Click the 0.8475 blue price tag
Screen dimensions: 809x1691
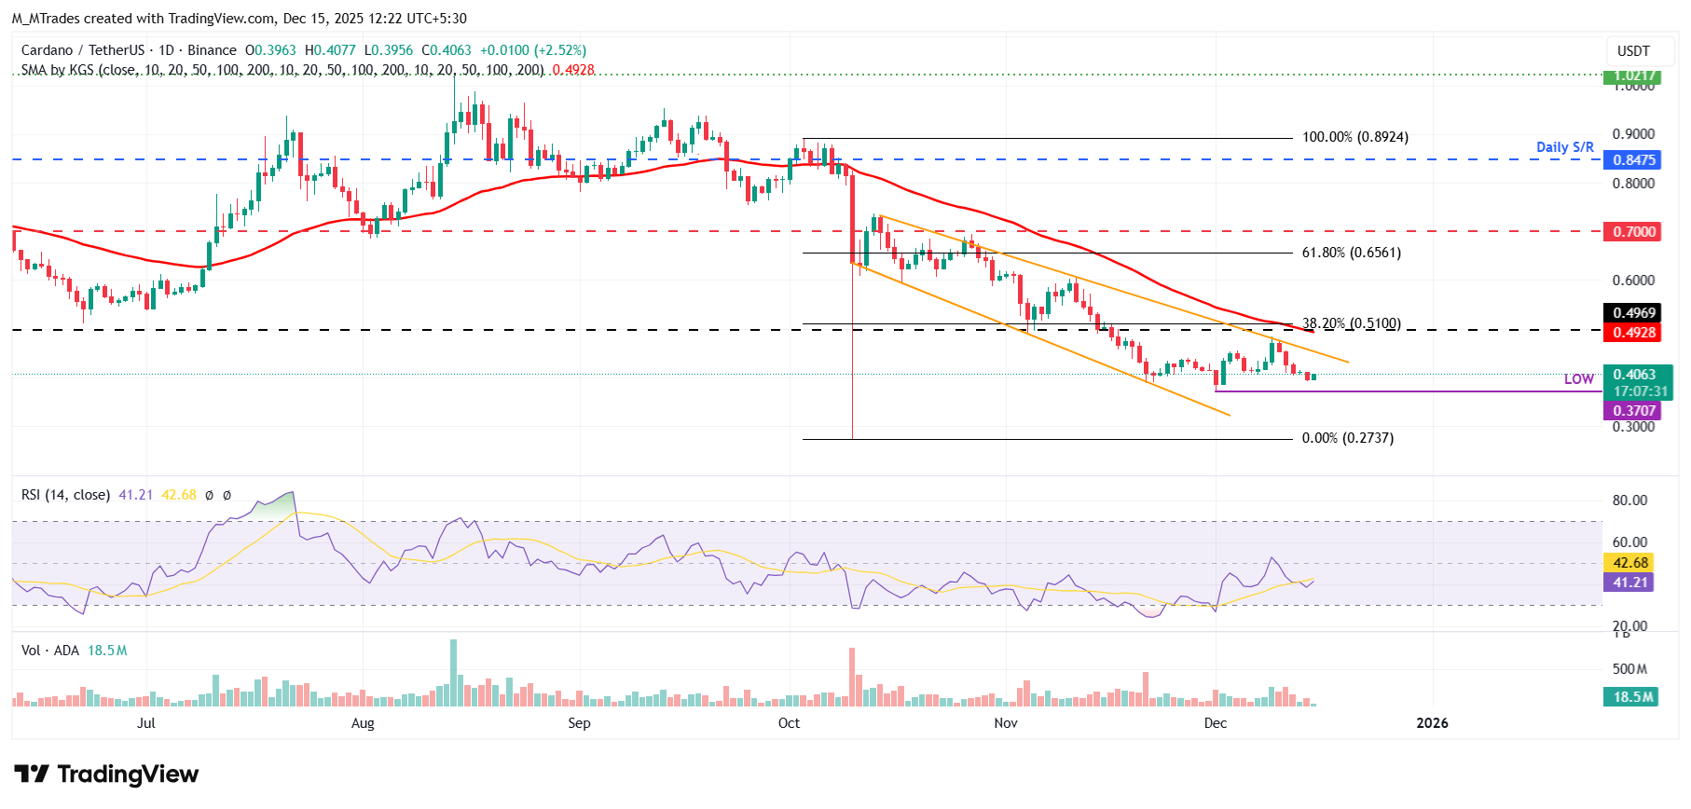1634,159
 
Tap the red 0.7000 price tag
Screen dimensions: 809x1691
1634,231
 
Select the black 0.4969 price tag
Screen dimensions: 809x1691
1634,313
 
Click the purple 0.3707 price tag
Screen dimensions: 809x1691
1634,411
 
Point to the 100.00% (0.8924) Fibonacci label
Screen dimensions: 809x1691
1354,137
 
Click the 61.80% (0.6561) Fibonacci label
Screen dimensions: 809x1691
1351,253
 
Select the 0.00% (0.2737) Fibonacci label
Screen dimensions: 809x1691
1347,438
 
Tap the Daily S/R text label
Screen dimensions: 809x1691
1564,147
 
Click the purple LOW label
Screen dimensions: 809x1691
1578,379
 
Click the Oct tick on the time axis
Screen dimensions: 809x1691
789,723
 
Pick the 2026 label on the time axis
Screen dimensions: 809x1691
1432,723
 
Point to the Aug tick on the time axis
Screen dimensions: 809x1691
363,723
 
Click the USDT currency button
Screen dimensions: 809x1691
1633,51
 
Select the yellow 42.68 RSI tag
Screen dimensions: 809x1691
1630,563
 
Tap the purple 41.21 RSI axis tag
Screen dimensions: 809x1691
1630,583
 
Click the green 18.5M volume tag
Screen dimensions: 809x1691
1633,697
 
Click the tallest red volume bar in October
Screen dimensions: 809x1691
852,676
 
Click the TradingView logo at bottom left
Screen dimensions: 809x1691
106,775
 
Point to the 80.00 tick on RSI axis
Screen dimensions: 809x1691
1629,500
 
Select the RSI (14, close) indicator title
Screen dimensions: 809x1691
65,495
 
